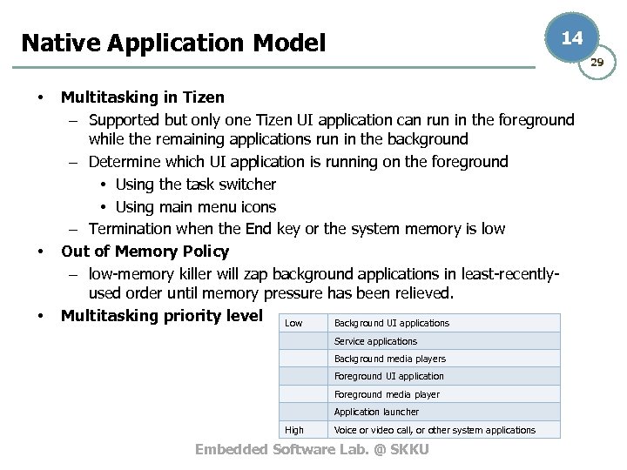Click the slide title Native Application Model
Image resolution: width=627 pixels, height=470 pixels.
172,43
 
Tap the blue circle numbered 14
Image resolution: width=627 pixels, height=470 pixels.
571,38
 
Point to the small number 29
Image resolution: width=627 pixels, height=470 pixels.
597,62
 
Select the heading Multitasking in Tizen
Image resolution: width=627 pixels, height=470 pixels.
142,97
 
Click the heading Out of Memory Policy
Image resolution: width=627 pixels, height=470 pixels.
145,252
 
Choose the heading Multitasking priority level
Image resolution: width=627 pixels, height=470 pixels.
161,315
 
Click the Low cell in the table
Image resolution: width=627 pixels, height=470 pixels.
294,324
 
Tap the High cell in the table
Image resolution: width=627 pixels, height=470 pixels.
294,430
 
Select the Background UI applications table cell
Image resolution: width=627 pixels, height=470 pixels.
392,324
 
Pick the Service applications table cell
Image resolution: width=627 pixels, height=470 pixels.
375,341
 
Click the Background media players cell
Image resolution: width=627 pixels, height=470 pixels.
389,359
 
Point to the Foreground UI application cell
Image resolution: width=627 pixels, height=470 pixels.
388,377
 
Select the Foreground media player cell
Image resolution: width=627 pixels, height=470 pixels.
387,394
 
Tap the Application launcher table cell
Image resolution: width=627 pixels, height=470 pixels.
376,412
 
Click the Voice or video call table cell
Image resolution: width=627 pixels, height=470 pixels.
435,430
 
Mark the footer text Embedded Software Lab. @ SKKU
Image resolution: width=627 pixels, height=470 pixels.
312,449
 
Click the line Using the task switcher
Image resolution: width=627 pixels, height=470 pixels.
195,185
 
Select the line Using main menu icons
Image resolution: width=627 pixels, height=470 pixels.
195,207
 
